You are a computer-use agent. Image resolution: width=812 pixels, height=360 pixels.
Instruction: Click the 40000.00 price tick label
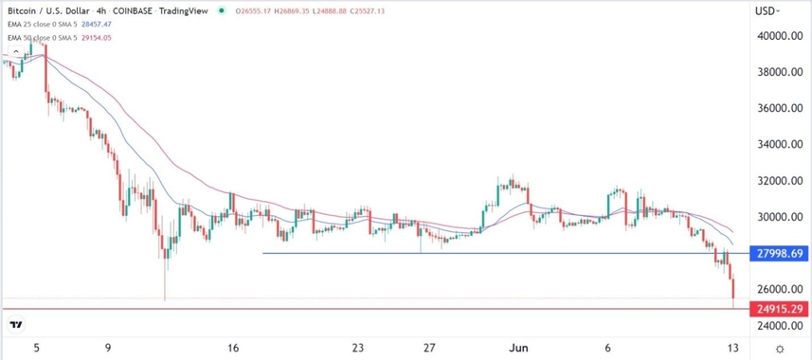(x=774, y=36)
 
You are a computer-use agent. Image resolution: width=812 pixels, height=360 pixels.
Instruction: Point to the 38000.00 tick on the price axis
(x=774, y=72)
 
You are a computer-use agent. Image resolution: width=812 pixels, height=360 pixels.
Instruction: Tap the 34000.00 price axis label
(x=774, y=145)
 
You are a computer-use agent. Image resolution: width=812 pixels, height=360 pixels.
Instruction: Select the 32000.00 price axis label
(x=774, y=181)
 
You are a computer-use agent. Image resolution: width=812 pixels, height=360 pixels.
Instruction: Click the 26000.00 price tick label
(x=774, y=289)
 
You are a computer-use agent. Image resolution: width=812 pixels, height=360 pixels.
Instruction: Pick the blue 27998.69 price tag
(x=776, y=254)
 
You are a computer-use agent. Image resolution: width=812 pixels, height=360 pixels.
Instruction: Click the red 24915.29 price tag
(x=776, y=309)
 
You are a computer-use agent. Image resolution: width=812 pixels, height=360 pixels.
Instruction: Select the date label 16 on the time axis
(x=233, y=347)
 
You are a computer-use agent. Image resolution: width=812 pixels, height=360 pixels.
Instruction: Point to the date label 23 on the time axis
(x=357, y=347)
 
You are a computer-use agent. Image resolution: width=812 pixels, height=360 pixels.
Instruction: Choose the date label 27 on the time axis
(x=429, y=347)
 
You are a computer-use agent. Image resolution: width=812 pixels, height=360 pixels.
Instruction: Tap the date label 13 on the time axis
(x=733, y=347)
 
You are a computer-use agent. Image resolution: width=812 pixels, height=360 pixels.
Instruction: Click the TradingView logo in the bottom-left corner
(x=16, y=325)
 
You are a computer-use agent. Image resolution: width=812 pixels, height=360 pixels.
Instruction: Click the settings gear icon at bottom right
(x=779, y=350)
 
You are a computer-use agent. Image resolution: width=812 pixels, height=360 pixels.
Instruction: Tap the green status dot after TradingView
(x=222, y=11)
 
